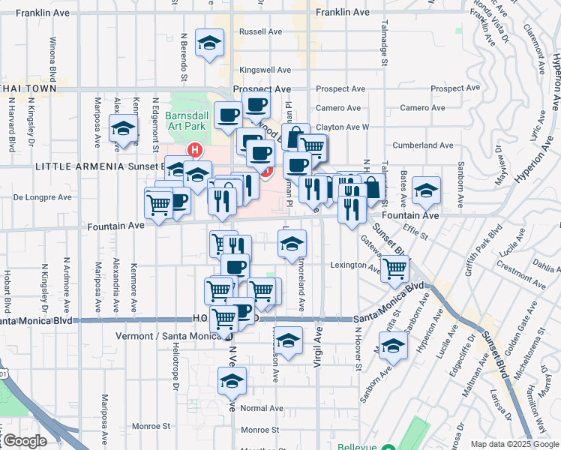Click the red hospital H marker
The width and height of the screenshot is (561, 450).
195,150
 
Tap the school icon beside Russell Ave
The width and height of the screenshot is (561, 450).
210,43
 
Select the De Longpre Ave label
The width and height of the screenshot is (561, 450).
43,198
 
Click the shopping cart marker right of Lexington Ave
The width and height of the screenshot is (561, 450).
395,268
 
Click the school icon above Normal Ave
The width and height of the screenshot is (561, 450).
232,381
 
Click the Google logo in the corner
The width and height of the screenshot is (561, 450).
24,440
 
